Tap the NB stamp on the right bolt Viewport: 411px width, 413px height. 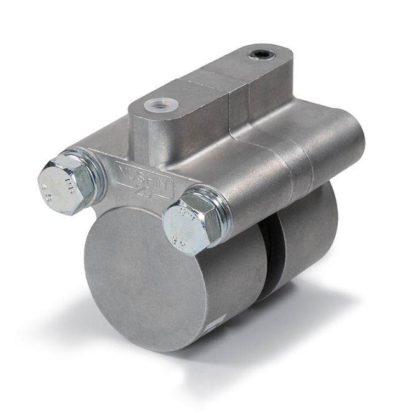point(188,234)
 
